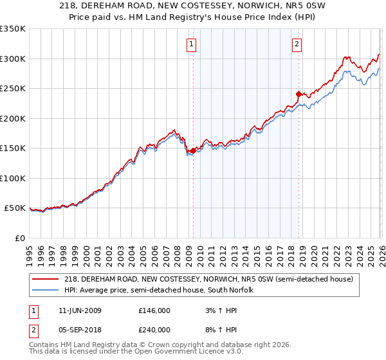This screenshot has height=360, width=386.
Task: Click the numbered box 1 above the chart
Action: pos(192,44)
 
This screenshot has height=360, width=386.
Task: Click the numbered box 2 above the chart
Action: pos(297,44)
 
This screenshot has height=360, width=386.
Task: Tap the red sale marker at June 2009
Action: pos(193,150)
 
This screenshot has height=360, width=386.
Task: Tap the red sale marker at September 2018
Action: pos(299,94)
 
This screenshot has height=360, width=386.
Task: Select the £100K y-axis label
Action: pos(13,178)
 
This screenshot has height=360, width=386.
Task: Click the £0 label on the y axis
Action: pos(20,238)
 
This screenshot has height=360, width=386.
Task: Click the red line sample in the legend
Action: pos(46,280)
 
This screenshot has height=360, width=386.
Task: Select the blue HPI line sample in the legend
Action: pos(46,291)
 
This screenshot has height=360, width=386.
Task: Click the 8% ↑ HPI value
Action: pos(223,330)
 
